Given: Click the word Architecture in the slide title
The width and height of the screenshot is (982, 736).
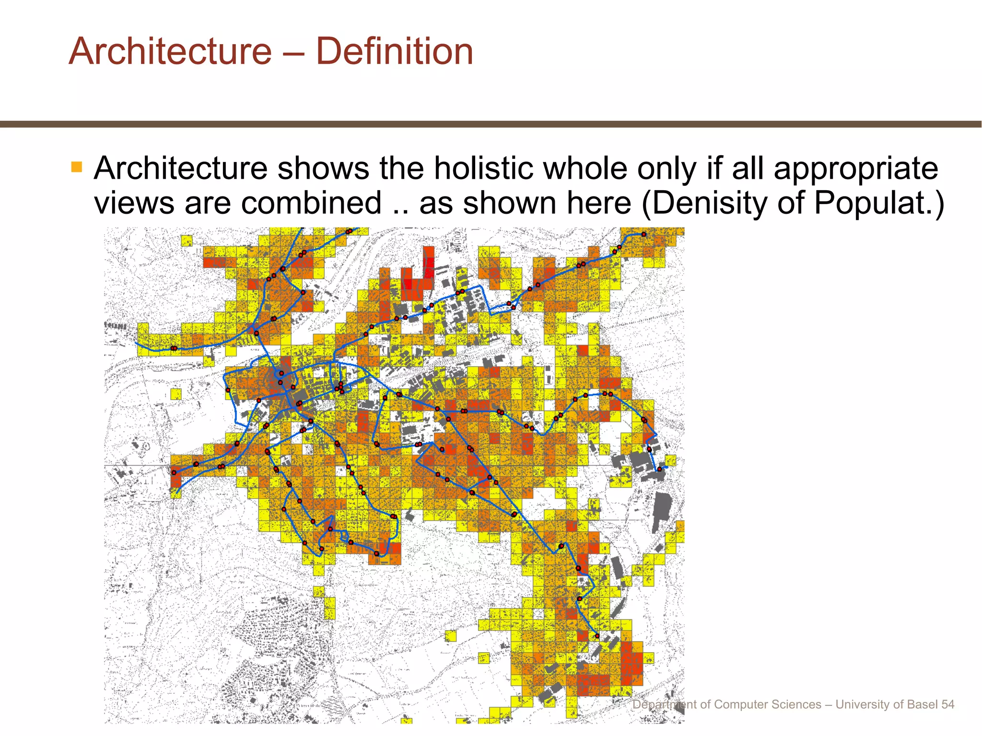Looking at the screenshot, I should (170, 51).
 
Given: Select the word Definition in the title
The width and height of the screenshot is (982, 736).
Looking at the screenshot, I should (395, 51).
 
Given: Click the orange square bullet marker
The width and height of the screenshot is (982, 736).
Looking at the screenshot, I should (77, 167).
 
